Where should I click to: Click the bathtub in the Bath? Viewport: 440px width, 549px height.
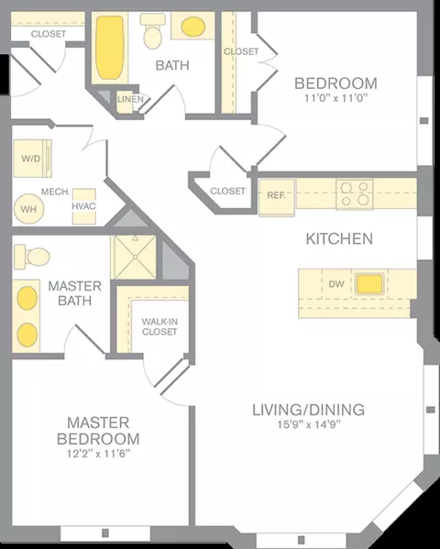(110, 48)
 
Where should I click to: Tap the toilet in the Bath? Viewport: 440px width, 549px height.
(153, 31)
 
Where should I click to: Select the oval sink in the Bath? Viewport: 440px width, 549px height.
(193, 27)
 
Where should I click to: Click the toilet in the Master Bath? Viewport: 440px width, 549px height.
(32, 257)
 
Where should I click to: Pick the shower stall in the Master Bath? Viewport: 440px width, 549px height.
(134, 258)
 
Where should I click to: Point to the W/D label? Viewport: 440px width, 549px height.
(31, 159)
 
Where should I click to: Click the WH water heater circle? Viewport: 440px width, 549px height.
(28, 209)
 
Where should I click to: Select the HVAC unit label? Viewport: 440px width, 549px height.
(83, 206)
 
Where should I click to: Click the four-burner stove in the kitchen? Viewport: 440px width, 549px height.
(355, 194)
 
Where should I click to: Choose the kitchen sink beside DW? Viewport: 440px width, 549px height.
(369, 283)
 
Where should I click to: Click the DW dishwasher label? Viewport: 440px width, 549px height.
(336, 284)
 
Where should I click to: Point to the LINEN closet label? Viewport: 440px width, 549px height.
(130, 99)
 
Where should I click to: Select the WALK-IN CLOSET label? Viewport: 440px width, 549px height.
(159, 326)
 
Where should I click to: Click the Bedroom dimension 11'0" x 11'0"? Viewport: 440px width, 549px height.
(335, 98)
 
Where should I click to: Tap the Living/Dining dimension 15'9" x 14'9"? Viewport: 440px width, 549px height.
(309, 424)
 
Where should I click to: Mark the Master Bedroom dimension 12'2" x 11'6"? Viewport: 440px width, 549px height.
(98, 454)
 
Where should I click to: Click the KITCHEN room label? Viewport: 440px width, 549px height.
(339, 239)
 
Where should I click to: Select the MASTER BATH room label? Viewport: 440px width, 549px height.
(74, 293)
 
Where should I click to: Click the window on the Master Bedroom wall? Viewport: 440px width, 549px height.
(105, 533)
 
